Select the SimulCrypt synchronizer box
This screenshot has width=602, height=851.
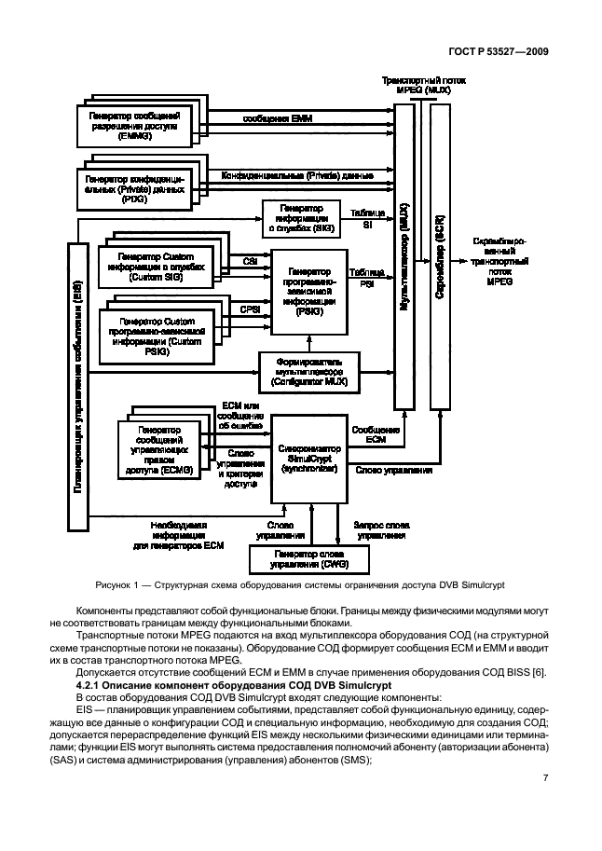[x=308, y=457]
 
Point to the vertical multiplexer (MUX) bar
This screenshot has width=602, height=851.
[x=404, y=256]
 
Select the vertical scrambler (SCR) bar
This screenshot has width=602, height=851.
[x=439, y=256]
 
